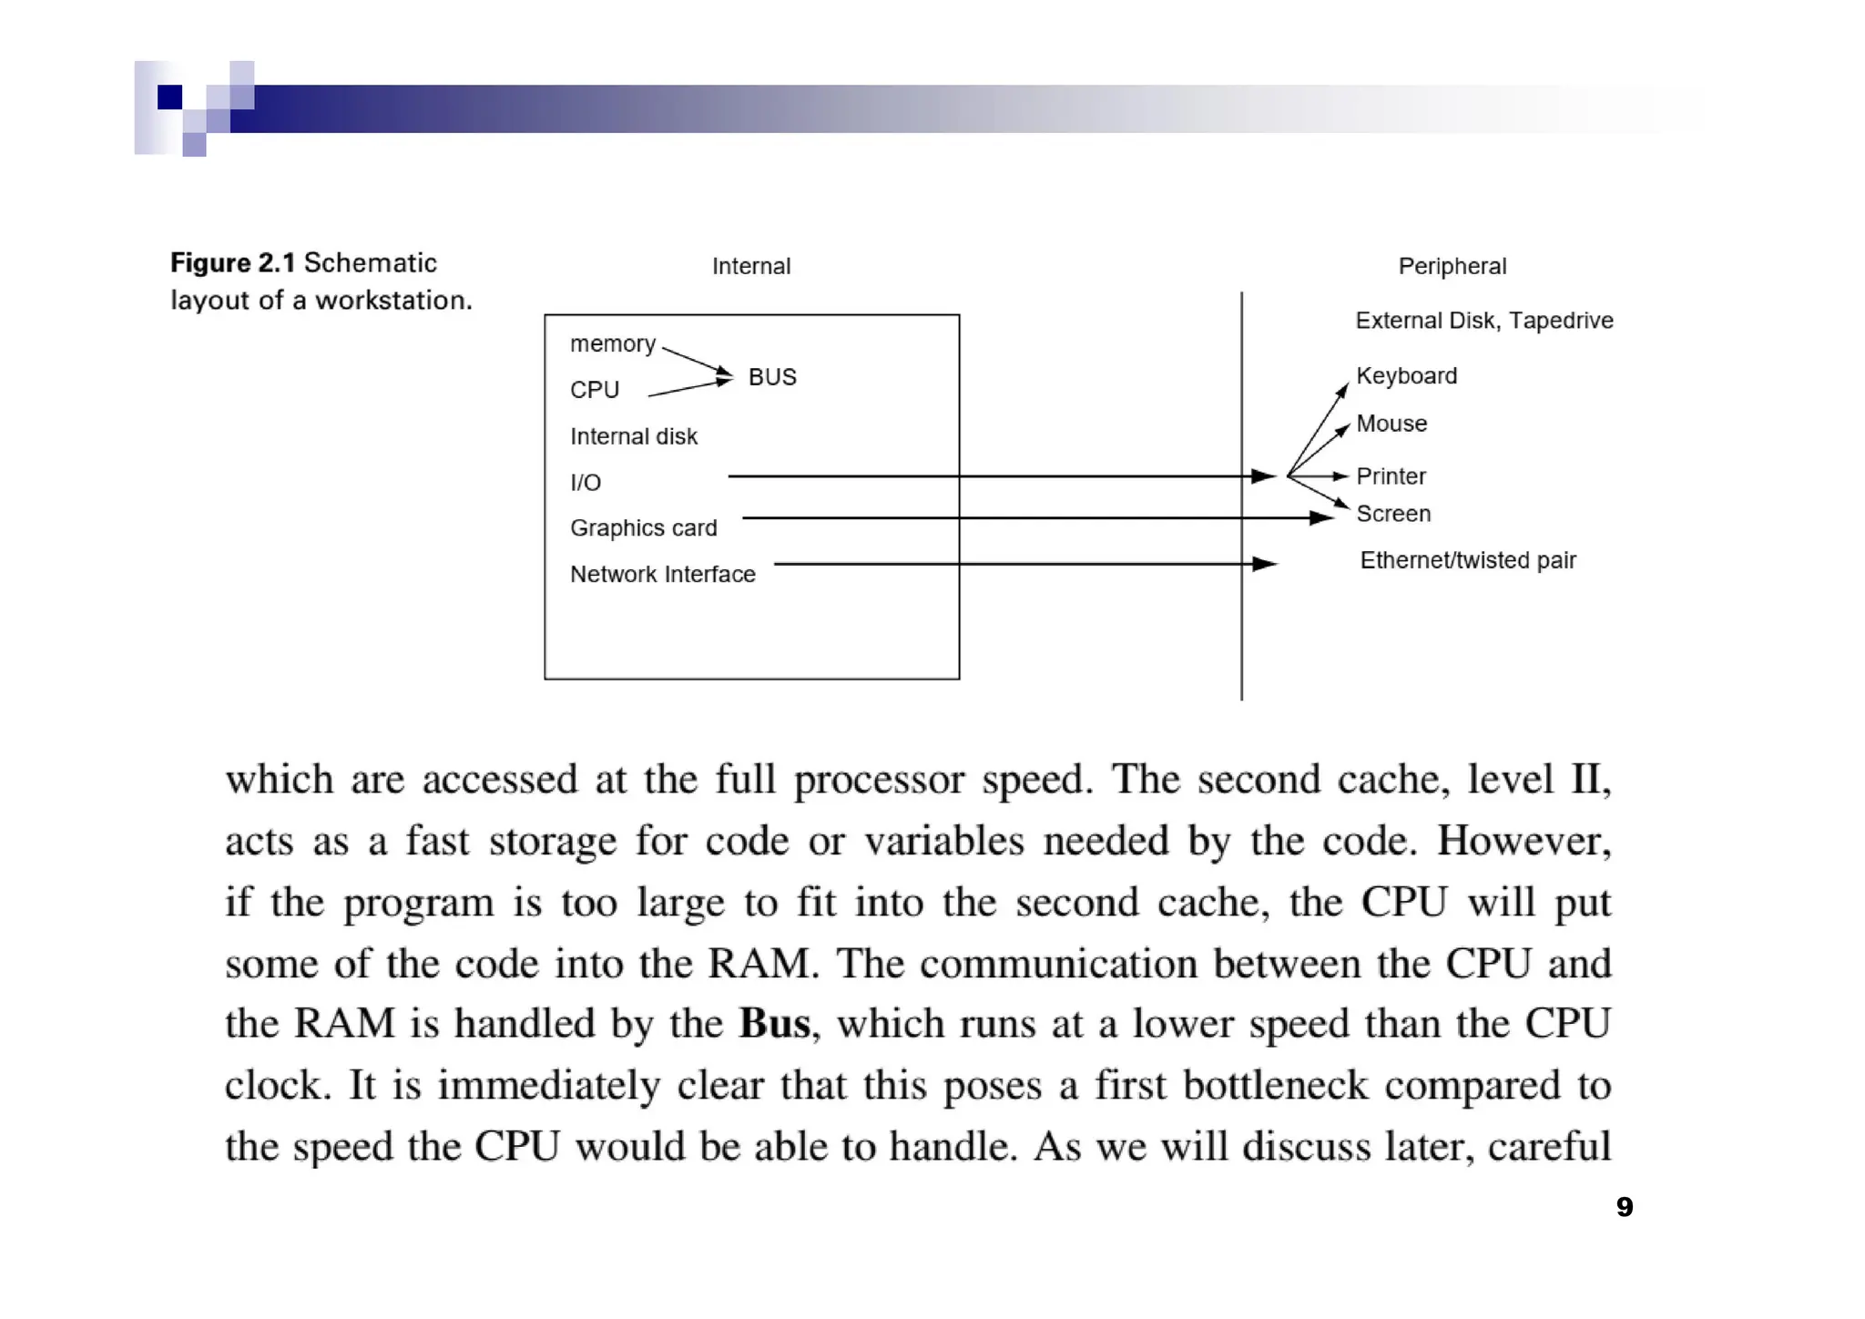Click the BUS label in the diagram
pyautogui.click(x=772, y=377)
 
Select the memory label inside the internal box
pyautogui.click(x=613, y=343)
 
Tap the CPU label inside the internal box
pyautogui.click(x=595, y=390)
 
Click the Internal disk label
pyautogui.click(x=634, y=436)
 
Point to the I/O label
pyautogui.click(x=586, y=483)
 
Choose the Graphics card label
pyautogui.click(x=644, y=528)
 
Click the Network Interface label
pyautogui.click(x=663, y=575)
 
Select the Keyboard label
pyautogui.click(x=1407, y=376)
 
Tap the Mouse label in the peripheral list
pyautogui.click(x=1391, y=424)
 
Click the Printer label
pyautogui.click(x=1391, y=476)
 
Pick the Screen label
pyautogui.click(x=1393, y=514)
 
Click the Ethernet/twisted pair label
pyautogui.click(x=1468, y=560)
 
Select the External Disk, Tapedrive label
pyautogui.click(x=1484, y=321)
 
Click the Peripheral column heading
pyautogui.click(x=1452, y=266)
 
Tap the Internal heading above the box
pyautogui.click(x=751, y=266)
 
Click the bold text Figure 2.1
pyautogui.click(x=233, y=263)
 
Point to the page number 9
pyautogui.click(x=1625, y=1207)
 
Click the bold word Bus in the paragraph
pyautogui.click(x=774, y=1024)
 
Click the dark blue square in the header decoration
pyautogui.click(x=170, y=97)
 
